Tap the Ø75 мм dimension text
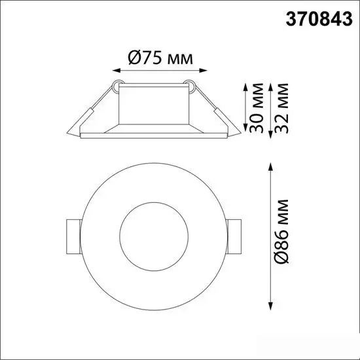[160, 58]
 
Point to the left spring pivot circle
[116, 84]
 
